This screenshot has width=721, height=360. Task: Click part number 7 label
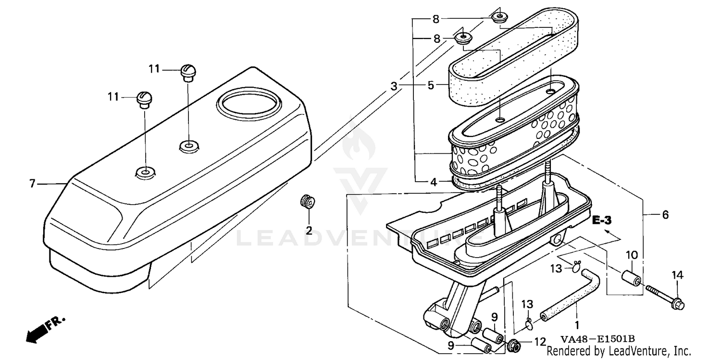[x=32, y=184]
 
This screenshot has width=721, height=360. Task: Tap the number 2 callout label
[x=309, y=230]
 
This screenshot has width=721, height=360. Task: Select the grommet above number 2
[x=305, y=200]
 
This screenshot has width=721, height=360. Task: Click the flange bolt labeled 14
[x=665, y=297]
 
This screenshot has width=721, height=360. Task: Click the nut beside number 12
[x=514, y=345]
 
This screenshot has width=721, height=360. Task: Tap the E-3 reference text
[x=601, y=221]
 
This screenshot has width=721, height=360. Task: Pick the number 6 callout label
[x=665, y=215]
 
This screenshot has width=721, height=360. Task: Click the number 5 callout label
[x=431, y=86]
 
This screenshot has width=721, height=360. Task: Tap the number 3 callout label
[x=394, y=87]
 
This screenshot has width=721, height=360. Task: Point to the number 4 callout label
[x=434, y=182]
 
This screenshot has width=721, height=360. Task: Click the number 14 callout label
[x=677, y=275]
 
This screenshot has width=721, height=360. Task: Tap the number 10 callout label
[x=631, y=254]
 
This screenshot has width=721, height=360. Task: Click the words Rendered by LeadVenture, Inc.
[x=619, y=351]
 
